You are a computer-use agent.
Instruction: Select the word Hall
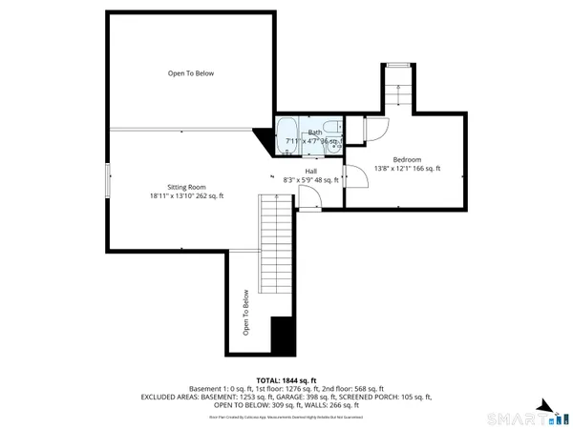[x=311, y=170]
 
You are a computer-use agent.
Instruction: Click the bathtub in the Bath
[x=286, y=133]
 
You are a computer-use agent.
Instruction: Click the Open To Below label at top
[x=191, y=73]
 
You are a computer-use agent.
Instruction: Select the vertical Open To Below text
[x=245, y=312]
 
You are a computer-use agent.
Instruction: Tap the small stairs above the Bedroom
[x=398, y=91]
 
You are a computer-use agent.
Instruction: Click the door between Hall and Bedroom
[x=351, y=177]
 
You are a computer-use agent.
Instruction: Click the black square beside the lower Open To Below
[x=282, y=336]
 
